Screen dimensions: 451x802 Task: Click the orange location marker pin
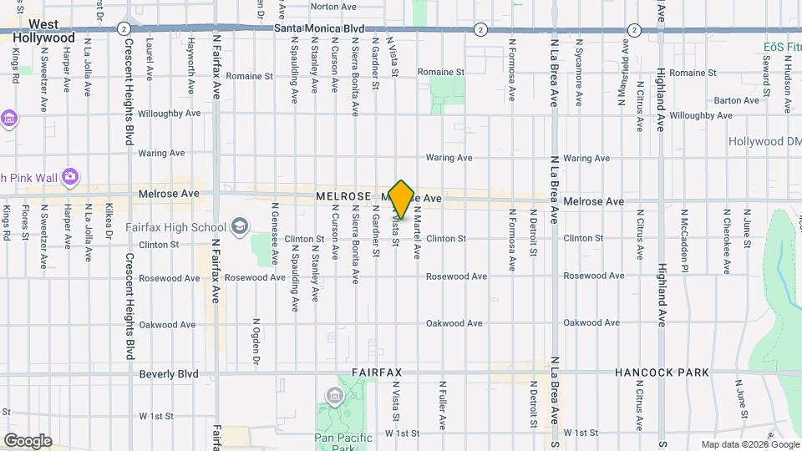402,200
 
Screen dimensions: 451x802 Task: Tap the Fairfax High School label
175,227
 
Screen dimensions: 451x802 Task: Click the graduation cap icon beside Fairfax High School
240,226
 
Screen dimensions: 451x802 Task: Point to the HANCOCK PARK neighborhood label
662,372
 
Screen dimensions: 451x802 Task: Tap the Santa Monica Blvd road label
319,28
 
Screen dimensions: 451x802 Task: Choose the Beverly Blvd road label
169,374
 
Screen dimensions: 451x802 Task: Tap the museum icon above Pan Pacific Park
335,395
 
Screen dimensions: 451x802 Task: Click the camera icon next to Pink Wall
69,176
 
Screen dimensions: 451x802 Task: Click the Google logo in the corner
28,441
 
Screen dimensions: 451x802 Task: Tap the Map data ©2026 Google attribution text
749,444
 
